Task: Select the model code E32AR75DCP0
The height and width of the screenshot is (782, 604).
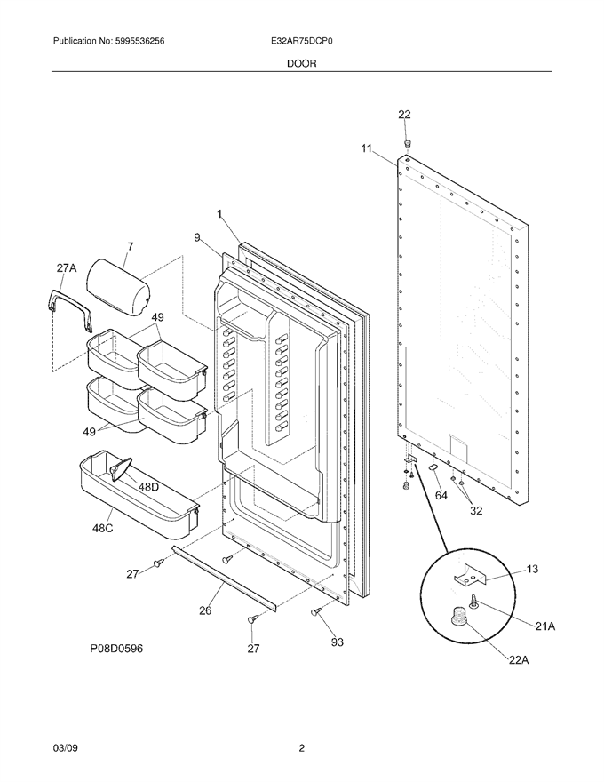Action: (x=300, y=42)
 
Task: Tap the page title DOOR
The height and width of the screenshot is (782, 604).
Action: (x=301, y=63)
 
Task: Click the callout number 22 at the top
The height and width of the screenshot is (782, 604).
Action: (x=404, y=115)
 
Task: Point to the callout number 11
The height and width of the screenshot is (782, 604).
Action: (x=367, y=148)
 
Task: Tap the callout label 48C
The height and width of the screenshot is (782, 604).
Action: (x=102, y=528)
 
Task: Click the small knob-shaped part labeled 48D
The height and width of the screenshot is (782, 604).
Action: (x=121, y=469)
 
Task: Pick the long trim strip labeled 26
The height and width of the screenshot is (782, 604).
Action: (x=224, y=577)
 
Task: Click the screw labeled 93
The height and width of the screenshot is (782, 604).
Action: (x=315, y=611)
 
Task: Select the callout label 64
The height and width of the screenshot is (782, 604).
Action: (x=441, y=495)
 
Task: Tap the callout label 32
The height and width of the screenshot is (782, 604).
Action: (x=476, y=511)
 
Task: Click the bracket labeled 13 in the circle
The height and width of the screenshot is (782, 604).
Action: (x=470, y=574)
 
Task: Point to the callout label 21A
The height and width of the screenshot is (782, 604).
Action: (x=544, y=626)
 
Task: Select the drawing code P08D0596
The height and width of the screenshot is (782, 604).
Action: (x=116, y=649)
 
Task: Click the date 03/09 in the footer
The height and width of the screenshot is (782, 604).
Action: (x=65, y=748)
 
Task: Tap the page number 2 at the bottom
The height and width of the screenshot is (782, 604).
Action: (x=301, y=748)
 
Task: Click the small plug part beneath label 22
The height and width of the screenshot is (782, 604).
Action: (x=407, y=144)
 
